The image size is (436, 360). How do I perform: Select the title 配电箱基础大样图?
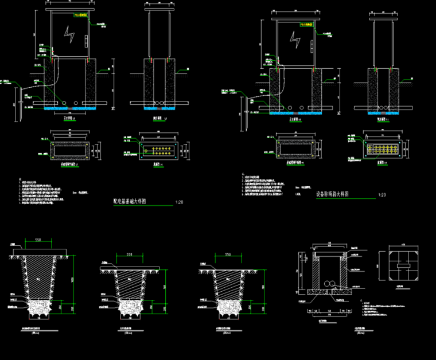tap(131, 202)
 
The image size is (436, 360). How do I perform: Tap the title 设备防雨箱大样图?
tap(337, 194)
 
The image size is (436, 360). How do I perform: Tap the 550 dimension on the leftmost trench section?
tap(38, 239)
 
